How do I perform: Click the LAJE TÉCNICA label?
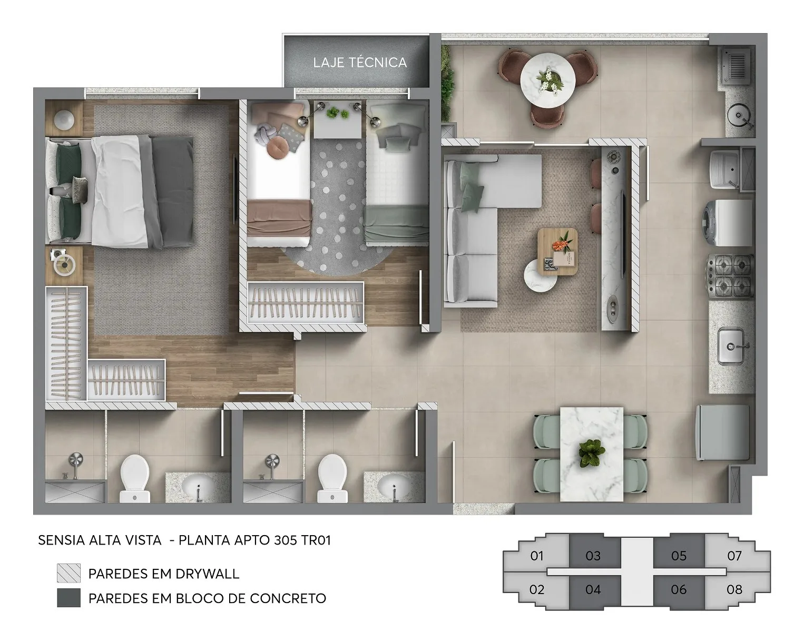tap(360, 62)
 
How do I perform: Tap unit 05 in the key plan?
tap(679, 556)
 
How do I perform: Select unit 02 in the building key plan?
tap(536, 589)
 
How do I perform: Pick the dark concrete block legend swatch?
tap(68, 598)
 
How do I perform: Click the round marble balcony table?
tap(548, 80)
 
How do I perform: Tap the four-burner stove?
tap(729, 276)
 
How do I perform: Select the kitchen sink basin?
tap(731, 346)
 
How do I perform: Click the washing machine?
tap(728, 223)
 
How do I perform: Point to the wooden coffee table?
tap(557, 252)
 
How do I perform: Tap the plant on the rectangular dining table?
tap(592, 453)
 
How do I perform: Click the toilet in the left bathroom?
tap(135, 479)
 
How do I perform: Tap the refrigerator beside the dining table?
tap(723, 432)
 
